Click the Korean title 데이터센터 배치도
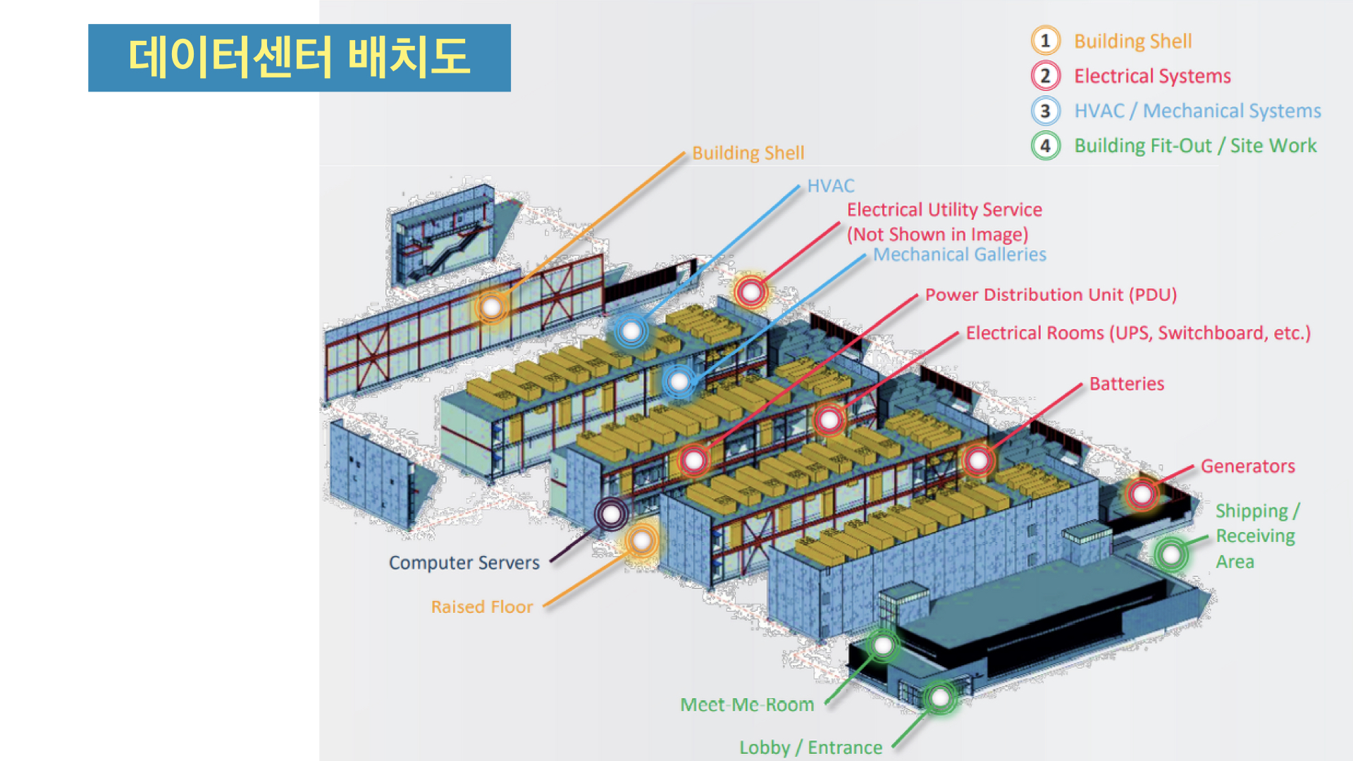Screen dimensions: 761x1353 click(299, 57)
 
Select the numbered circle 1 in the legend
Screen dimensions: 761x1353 click(1045, 41)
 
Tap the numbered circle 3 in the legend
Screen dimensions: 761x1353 click(1045, 111)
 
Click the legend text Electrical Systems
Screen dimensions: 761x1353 click(1152, 76)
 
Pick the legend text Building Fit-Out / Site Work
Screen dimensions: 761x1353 click(1195, 146)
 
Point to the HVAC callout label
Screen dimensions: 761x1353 click(830, 186)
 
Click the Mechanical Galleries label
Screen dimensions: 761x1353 click(959, 254)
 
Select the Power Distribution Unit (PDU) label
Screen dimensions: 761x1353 click(1051, 295)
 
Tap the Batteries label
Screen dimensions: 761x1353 click(1126, 384)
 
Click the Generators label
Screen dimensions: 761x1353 click(1247, 466)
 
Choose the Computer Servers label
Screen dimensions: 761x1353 click(464, 563)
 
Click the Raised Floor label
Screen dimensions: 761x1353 click(482, 607)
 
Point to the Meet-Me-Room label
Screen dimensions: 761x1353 click(747, 705)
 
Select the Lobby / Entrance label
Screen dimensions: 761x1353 click(810, 748)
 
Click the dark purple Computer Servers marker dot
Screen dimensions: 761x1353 click(611, 514)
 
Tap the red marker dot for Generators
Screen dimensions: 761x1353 click(1142, 494)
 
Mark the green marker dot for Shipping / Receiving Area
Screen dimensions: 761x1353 click(1171, 555)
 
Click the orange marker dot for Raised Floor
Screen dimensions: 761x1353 click(641, 541)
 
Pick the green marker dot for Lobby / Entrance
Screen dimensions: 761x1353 click(940, 698)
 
